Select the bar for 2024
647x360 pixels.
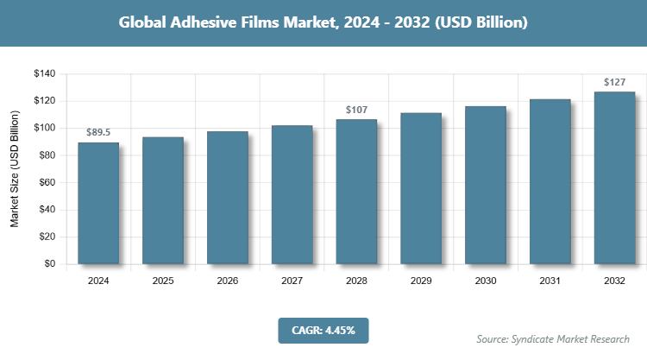coord(98,203)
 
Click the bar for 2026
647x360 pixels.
coord(227,198)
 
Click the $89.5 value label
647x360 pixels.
coord(98,132)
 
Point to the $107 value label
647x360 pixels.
coord(356,110)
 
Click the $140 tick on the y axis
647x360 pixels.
coord(44,74)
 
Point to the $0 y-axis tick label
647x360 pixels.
coord(49,264)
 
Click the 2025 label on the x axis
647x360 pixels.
coord(163,281)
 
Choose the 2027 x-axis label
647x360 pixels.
coord(292,281)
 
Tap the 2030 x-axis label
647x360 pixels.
coord(486,281)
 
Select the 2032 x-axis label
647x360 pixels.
coord(614,281)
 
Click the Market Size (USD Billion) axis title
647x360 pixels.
coord(15,170)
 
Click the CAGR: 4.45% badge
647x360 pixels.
coord(323,330)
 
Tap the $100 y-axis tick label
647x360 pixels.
coord(44,129)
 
